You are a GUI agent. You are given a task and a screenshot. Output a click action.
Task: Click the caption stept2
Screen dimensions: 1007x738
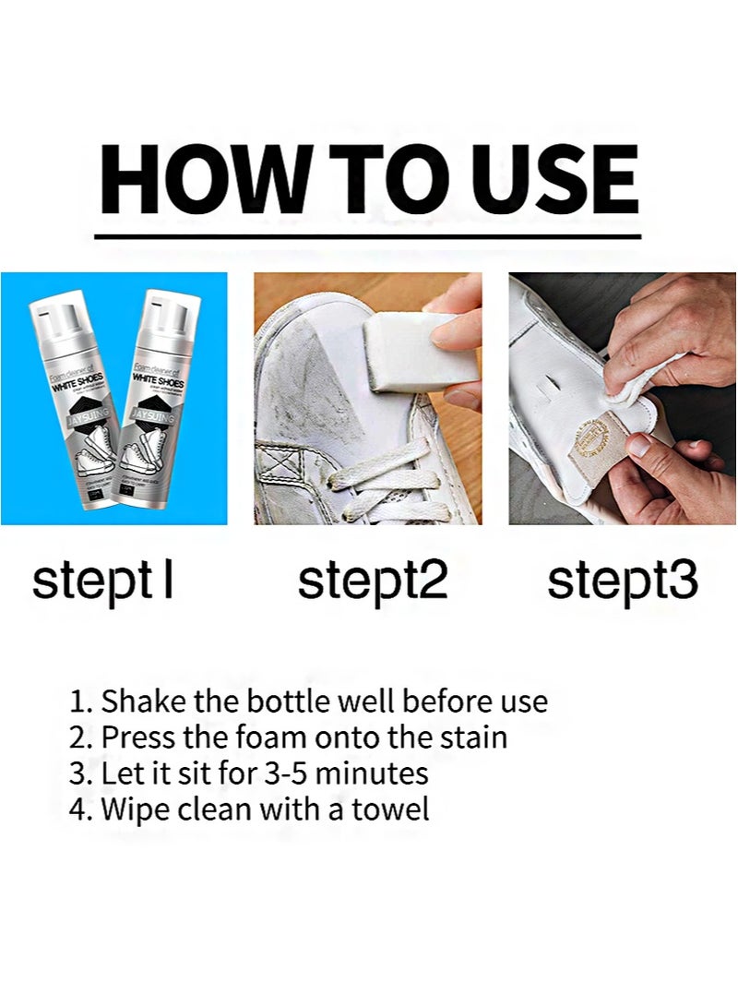coord(372,581)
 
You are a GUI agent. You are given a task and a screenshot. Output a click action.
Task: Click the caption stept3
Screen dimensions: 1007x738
coord(622,581)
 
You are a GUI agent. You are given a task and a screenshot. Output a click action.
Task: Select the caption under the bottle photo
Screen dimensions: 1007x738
coord(102,581)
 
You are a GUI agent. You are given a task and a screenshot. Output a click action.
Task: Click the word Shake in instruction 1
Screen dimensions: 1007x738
coord(137,701)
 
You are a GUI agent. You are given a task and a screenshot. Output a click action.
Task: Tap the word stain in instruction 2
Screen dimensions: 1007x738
coord(473,737)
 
